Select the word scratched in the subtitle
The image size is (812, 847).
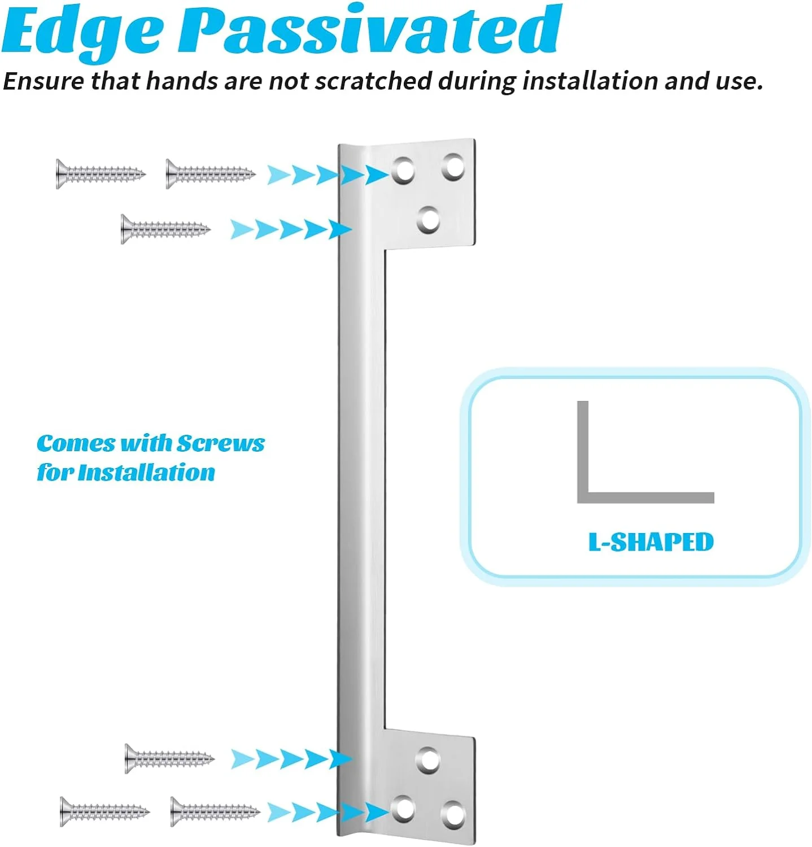coord(373,81)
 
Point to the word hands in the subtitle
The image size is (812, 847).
coord(181,81)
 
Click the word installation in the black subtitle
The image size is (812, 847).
coord(590,81)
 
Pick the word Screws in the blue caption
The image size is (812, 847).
coord(221,444)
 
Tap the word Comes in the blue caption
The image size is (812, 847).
coord(75,444)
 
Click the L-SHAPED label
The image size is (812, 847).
coord(651,542)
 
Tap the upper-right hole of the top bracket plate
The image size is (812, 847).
coord(453,167)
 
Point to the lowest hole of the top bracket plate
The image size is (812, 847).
coord(429,219)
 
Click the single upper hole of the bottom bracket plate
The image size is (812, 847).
coord(429,760)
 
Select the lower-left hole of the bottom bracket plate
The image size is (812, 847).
coord(404,808)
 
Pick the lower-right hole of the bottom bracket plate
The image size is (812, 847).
coord(453,814)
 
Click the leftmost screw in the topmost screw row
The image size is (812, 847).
coord(101,174)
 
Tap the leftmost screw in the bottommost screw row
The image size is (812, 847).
coord(104,812)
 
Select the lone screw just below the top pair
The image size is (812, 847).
coord(165,229)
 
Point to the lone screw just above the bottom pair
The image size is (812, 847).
coord(169,758)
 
